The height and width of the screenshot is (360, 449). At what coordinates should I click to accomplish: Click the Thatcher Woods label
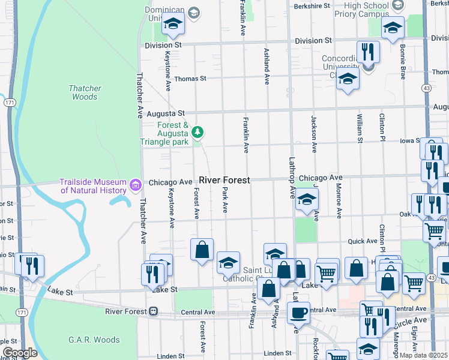[x=85, y=92]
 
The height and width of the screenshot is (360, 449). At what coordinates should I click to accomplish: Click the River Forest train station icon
[x=154, y=311]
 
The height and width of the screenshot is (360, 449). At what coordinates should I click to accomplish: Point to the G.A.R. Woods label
[x=94, y=340]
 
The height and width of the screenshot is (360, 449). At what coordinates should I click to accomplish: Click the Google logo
[x=19, y=353]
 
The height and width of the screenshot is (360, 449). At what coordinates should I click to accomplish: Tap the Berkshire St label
[x=313, y=6]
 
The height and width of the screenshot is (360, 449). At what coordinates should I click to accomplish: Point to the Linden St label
[x=277, y=354]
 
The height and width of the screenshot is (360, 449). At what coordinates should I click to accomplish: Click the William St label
[x=360, y=130]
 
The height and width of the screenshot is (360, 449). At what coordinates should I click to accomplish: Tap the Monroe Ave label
[x=339, y=200]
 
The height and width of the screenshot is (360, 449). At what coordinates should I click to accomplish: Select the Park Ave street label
[x=225, y=200]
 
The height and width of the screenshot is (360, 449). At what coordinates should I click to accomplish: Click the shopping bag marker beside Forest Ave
[x=202, y=249]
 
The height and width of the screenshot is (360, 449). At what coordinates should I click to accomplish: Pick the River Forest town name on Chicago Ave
[x=224, y=180]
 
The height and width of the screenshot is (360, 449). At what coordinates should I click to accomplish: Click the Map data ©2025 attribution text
[x=424, y=355]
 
